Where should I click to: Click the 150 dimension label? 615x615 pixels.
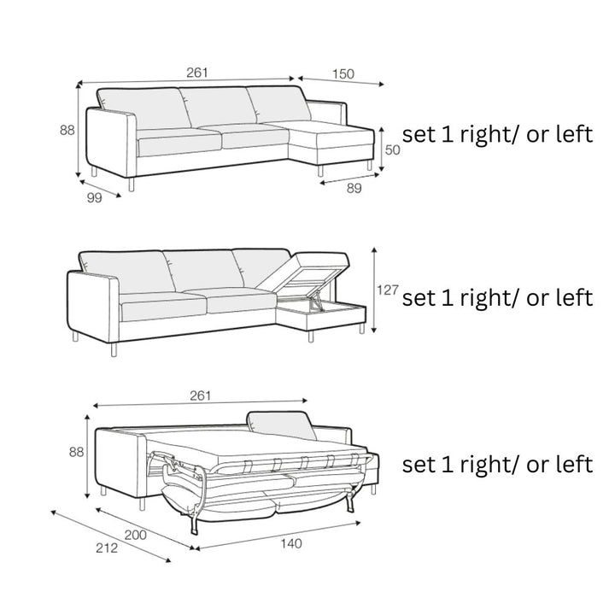pos(343,73)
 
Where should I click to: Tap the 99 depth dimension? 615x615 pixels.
pos(94,198)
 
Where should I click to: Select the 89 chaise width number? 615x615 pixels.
pos(354,188)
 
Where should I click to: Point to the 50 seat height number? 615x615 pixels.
pos(392,149)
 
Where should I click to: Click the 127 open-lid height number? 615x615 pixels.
pos(388,290)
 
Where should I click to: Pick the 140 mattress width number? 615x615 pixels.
pos(291,543)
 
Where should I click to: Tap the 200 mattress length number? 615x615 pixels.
pos(135,535)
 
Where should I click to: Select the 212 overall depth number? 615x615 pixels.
pos(107,548)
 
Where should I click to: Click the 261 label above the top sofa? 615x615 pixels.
pos(197,73)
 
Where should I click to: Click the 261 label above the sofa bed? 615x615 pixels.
pos(201,395)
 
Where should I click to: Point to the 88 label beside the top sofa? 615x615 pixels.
pos(67,130)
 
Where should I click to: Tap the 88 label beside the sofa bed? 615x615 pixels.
pos(77,452)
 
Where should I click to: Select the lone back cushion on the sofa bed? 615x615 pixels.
pos(281,425)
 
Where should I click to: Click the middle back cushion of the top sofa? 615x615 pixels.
pos(218,106)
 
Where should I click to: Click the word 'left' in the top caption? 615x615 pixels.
pos(575,134)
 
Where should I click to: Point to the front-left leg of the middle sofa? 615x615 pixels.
pos(114,349)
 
